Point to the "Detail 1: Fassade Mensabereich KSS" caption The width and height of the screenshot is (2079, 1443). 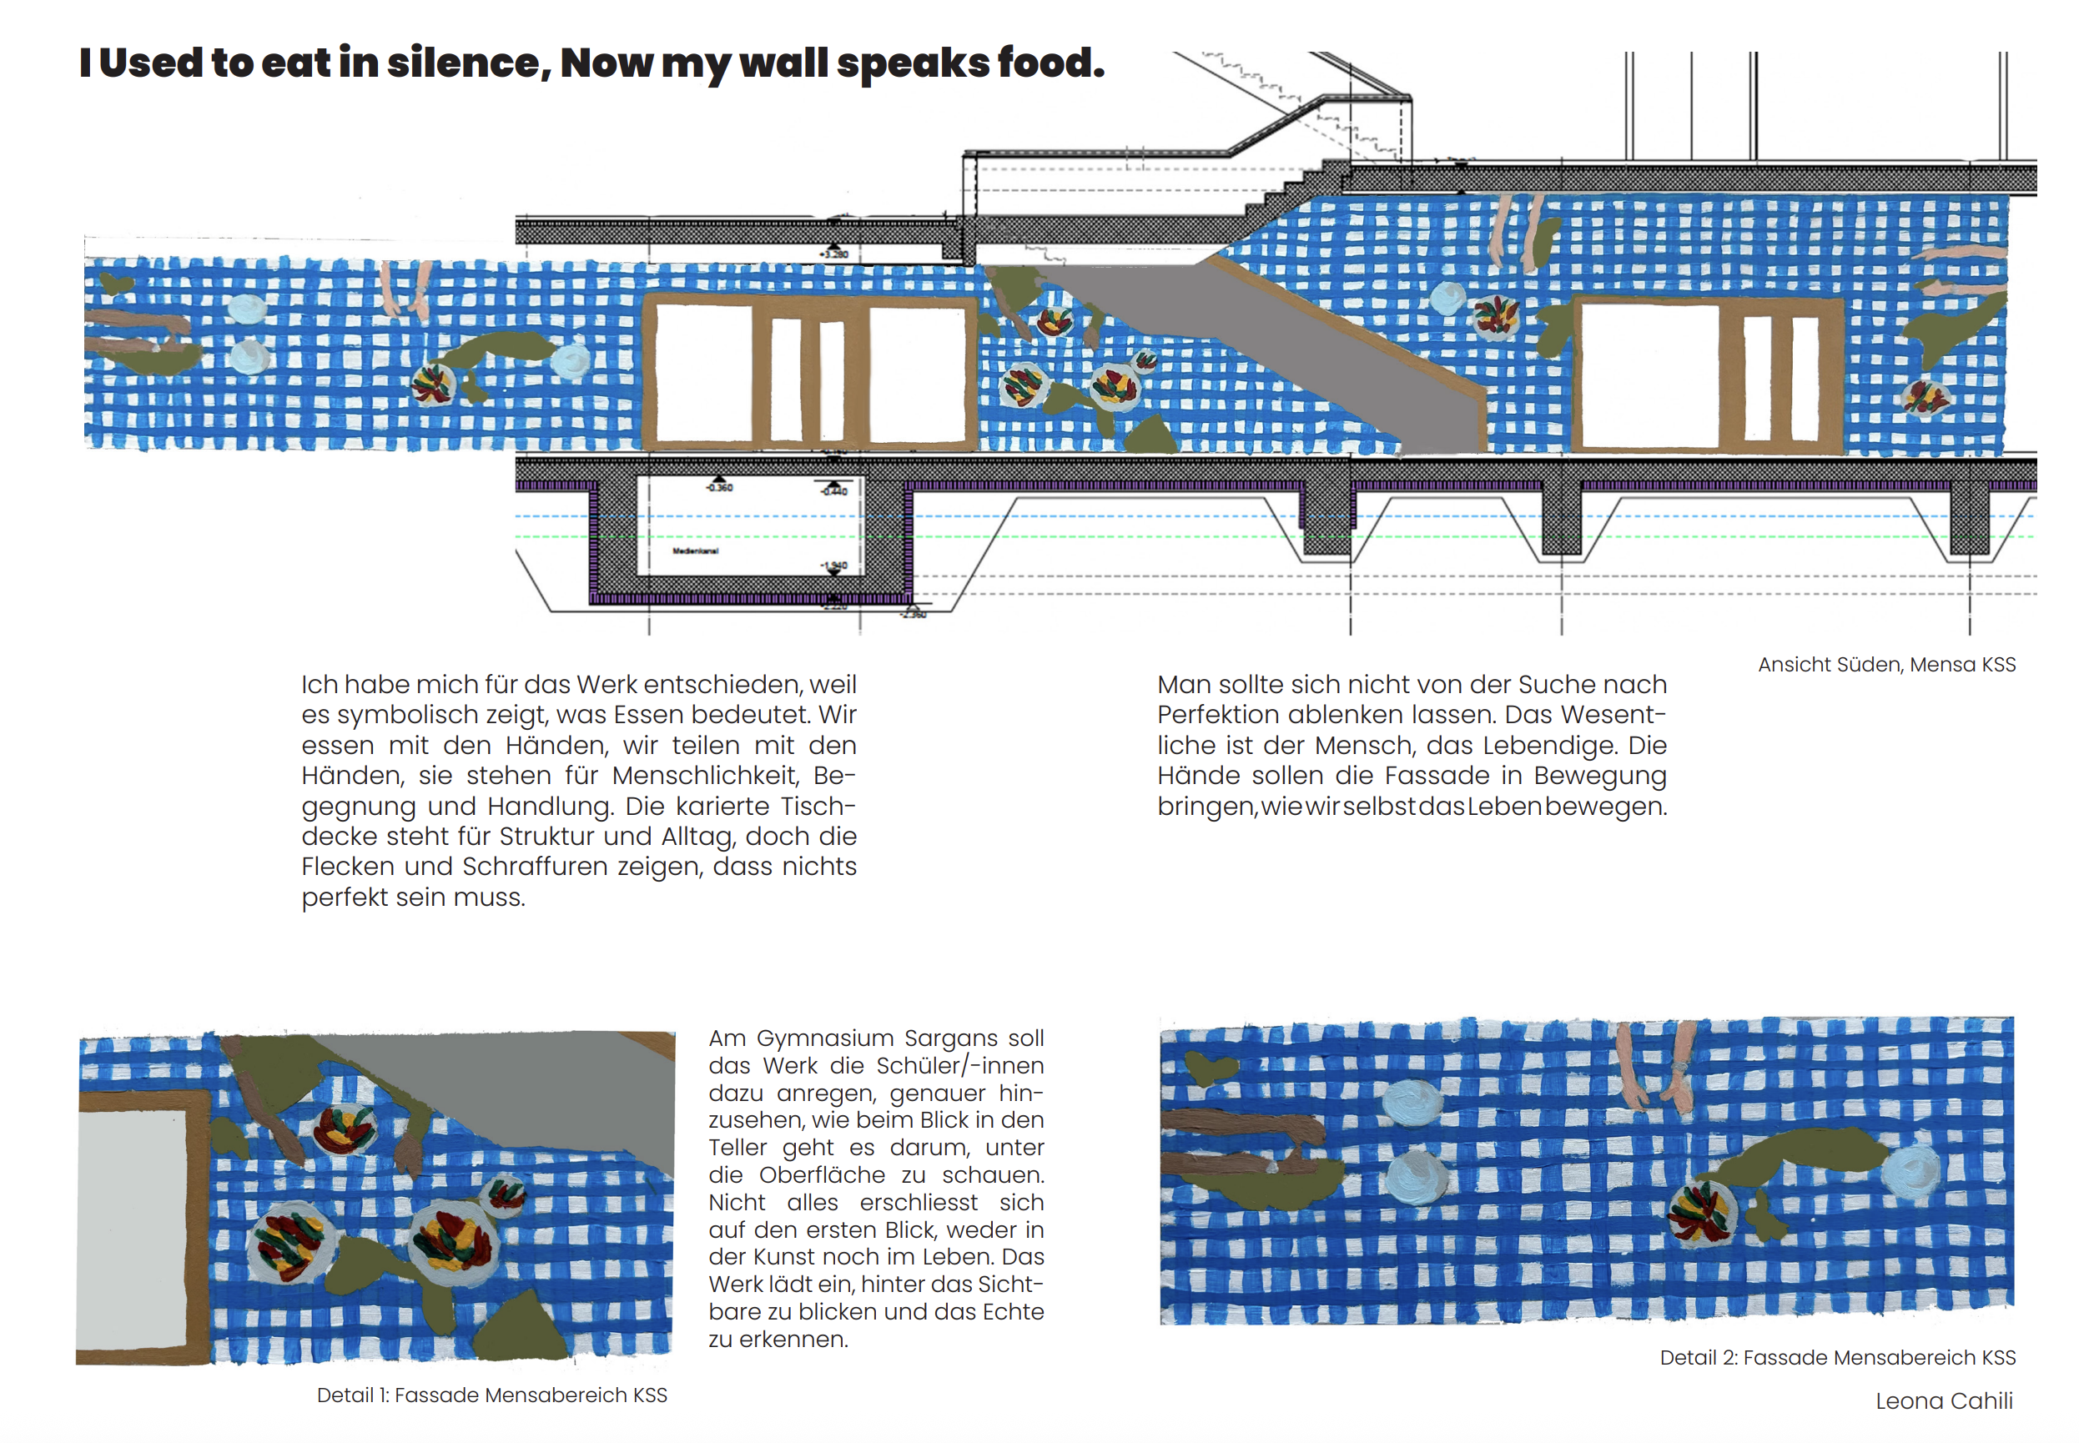[x=491, y=1395]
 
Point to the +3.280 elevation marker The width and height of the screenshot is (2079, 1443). [x=833, y=254]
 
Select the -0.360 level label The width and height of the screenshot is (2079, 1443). [x=720, y=487]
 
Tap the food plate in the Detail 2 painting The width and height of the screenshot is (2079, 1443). [x=1700, y=1212]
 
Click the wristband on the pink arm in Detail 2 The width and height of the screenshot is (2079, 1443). [x=1679, y=1068]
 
